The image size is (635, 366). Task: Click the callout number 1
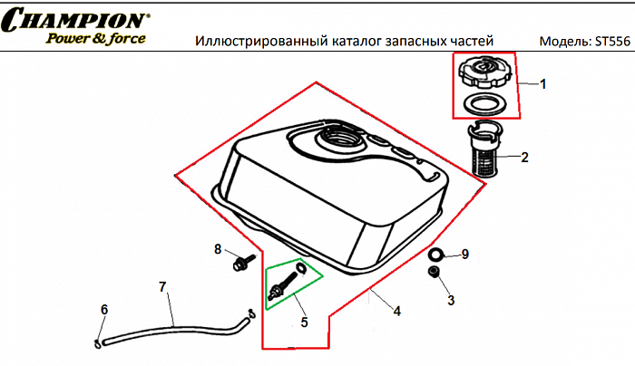click(x=542, y=84)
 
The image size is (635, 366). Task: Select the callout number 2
click(x=524, y=157)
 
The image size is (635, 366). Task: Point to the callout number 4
click(x=396, y=311)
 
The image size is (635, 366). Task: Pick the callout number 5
click(x=304, y=321)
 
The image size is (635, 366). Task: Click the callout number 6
click(x=104, y=310)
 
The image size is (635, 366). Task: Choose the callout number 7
click(x=162, y=287)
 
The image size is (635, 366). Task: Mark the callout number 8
click(x=218, y=249)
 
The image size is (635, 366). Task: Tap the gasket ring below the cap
click(x=484, y=102)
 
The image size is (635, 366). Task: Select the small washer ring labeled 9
click(x=437, y=254)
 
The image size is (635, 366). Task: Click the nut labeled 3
click(x=435, y=273)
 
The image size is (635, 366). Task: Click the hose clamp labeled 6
click(x=97, y=342)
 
